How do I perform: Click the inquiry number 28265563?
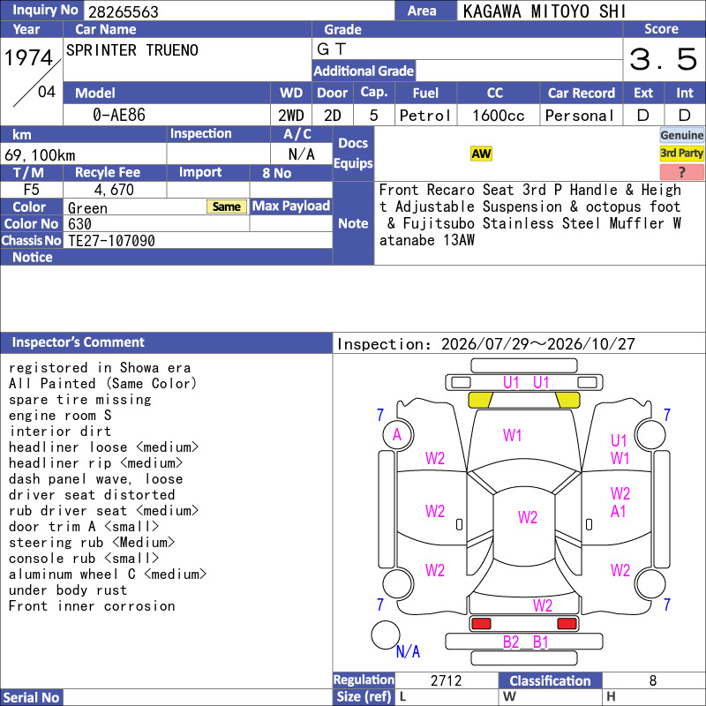(123, 11)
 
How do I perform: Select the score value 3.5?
(664, 59)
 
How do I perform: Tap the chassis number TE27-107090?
(111, 241)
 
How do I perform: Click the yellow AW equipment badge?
(481, 154)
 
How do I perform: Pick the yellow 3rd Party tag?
(681, 153)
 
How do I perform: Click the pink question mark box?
(681, 171)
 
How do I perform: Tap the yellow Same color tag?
(227, 207)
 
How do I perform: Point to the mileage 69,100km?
(40, 155)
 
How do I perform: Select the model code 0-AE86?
(119, 115)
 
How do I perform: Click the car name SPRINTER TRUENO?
(131, 50)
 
